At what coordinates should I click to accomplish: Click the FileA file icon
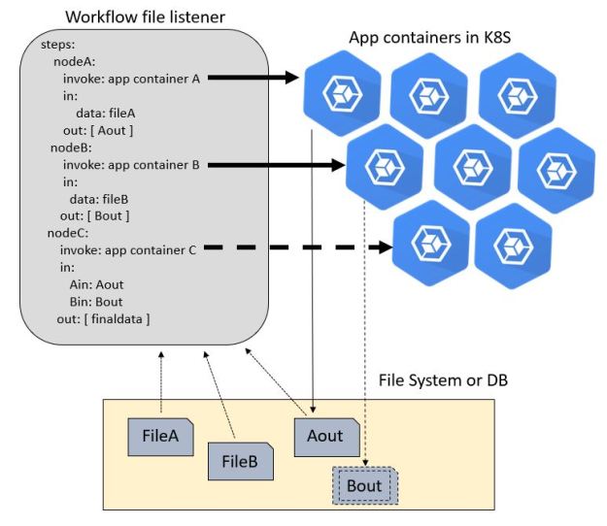coord(160,437)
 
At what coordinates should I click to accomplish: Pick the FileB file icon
coord(240,460)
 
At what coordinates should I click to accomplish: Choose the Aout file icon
coord(326,436)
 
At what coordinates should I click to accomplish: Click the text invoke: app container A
coord(131,80)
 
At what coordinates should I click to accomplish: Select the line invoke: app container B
coord(131,166)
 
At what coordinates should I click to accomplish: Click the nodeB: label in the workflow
coord(71,148)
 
